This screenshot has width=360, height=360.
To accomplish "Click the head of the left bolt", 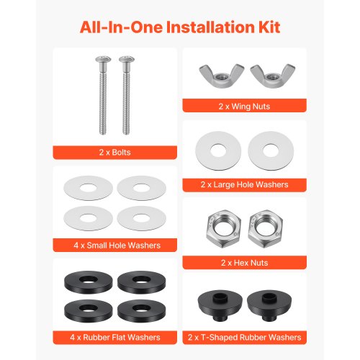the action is click(x=103, y=59).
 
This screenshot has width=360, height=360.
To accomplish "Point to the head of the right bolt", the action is click(x=127, y=59).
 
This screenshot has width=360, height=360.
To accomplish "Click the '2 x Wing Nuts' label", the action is click(x=244, y=107).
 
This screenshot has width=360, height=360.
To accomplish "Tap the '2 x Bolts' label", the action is click(x=114, y=153).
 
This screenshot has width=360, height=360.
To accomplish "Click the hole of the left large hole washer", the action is click(x=218, y=151).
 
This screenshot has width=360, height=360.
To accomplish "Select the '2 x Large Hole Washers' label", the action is click(x=244, y=184).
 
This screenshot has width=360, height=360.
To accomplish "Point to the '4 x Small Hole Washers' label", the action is click(x=117, y=246).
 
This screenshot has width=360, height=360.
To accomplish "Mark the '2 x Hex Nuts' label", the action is click(x=244, y=263).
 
